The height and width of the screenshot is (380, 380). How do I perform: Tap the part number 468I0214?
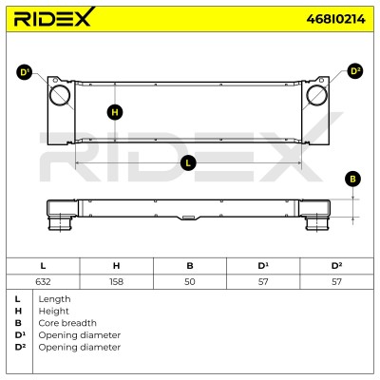click(x=335, y=19)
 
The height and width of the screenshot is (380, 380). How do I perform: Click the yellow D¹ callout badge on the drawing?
click(x=24, y=72)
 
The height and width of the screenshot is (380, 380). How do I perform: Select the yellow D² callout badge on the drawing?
click(x=355, y=71)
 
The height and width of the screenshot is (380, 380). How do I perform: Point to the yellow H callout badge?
click(x=115, y=112)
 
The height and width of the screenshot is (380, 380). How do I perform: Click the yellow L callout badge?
click(x=188, y=163)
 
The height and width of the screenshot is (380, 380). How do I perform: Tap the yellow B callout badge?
click(x=352, y=179)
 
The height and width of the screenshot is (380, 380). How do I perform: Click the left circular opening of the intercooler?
click(x=60, y=95)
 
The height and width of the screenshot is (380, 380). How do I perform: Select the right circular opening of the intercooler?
click(x=317, y=95)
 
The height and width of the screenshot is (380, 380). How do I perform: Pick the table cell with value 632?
click(x=43, y=281)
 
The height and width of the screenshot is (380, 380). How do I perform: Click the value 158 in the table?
click(x=116, y=281)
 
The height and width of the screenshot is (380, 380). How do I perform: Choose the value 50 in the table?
click(x=190, y=281)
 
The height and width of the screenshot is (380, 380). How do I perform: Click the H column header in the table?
click(x=116, y=266)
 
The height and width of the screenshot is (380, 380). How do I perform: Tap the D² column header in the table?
click(x=336, y=266)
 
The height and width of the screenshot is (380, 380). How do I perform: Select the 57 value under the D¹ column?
click(x=263, y=281)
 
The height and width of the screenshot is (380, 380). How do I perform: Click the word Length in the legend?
click(x=54, y=299)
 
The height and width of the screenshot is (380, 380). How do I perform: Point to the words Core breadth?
click(x=67, y=323)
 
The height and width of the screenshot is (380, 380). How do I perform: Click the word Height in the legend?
click(x=53, y=312)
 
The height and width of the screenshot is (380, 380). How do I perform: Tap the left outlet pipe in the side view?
click(x=59, y=223)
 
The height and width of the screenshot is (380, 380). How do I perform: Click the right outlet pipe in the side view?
click(x=317, y=223)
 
